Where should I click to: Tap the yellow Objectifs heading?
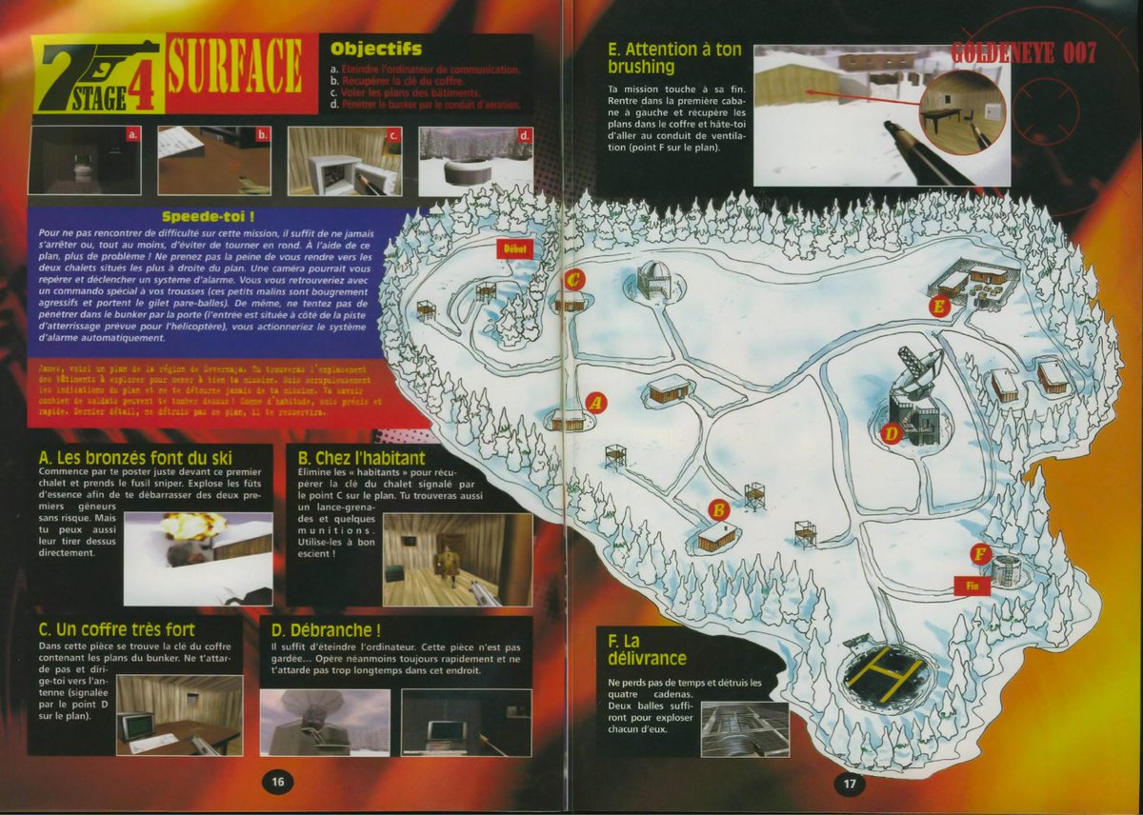pos(375,49)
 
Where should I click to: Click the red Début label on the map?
pos(511,248)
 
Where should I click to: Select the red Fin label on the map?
pos(972,586)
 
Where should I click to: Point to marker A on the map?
pos(597,402)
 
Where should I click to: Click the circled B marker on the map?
pos(720,509)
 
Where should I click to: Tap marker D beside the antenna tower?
pos(891,433)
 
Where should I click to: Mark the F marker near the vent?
pos(980,553)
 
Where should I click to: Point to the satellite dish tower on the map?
pos(917,390)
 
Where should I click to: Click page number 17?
pos(849,782)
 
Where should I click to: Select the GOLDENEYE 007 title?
pos(1022,53)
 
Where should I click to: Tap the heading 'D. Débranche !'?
pos(326,629)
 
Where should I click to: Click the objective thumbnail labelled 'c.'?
pos(344,161)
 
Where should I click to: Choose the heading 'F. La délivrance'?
pos(648,649)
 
